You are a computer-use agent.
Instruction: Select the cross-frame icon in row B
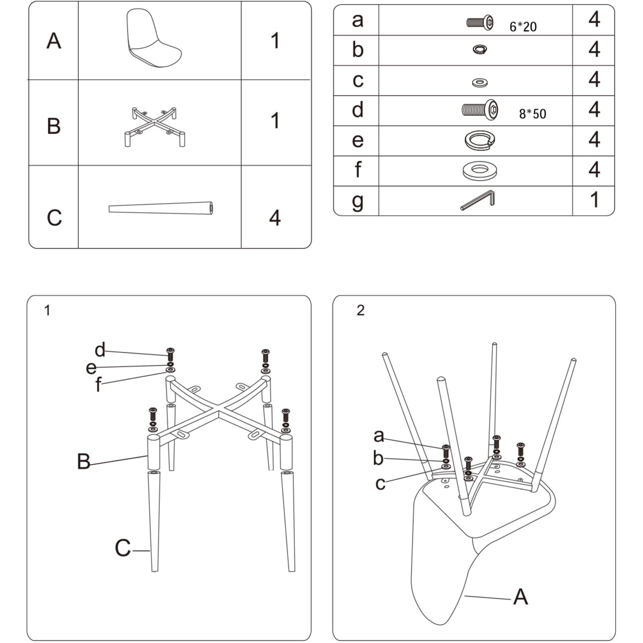tap(155, 126)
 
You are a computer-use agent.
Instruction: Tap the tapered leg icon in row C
tap(161, 208)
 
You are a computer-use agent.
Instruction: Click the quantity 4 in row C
tap(275, 218)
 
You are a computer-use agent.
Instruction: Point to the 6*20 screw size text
tap(523, 27)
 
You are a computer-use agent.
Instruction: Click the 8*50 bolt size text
tap(532, 114)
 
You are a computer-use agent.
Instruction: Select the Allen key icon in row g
tap(478, 200)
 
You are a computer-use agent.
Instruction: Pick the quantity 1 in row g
tap(594, 200)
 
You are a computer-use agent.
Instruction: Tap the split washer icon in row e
tap(480, 140)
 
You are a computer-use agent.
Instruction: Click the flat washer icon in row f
tap(480, 171)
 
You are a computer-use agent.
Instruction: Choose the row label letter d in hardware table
tap(358, 110)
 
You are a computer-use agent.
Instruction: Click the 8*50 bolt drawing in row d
tap(480, 110)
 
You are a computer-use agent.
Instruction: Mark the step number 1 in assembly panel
tap(47, 310)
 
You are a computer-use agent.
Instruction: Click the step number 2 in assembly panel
tap(361, 310)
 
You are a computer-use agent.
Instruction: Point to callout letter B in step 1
tap(84, 461)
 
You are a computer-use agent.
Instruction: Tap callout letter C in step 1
tap(123, 548)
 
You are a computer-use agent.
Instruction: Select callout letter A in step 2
tap(520, 597)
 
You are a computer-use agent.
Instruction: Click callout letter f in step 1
tap(98, 385)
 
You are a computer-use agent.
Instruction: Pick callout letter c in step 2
tap(380, 484)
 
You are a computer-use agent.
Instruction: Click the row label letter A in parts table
tap(54, 41)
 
